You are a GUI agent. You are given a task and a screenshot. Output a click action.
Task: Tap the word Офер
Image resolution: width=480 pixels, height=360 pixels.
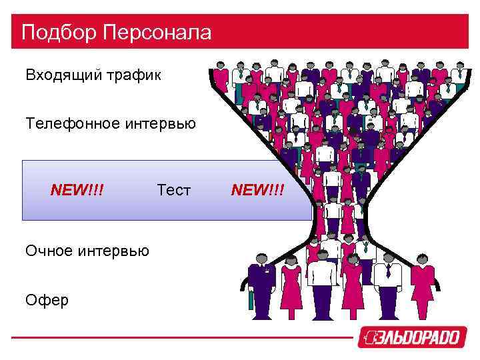[47, 300]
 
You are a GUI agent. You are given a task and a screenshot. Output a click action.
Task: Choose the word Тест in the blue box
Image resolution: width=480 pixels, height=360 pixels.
[174, 191]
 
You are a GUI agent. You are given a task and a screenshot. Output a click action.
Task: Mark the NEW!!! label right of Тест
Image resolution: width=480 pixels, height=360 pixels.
[257, 191]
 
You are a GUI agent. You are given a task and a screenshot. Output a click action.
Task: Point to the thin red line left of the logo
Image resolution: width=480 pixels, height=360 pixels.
[180, 337]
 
